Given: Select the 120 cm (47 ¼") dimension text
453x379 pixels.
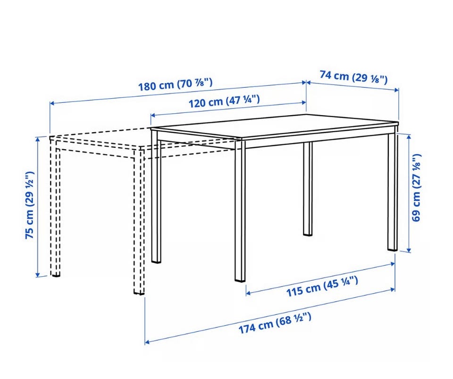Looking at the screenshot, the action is click(x=224, y=101).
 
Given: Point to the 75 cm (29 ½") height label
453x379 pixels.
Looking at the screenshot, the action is click(x=30, y=205).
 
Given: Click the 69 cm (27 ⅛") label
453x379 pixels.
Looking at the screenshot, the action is click(x=416, y=188).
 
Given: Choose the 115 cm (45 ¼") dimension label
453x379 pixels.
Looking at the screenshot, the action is click(x=322, y=286).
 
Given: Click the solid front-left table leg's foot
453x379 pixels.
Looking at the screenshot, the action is click(x=156, y=260).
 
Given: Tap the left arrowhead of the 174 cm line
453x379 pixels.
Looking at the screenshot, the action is click(x=147, y=342).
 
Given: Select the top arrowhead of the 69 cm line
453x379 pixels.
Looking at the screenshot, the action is click(x=409, y=137).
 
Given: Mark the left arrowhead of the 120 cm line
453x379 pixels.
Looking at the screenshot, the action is click(x=153, y=116).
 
